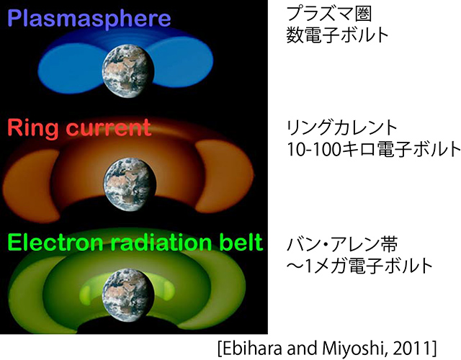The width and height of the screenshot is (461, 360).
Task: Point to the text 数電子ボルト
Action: tap(328, 37)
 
